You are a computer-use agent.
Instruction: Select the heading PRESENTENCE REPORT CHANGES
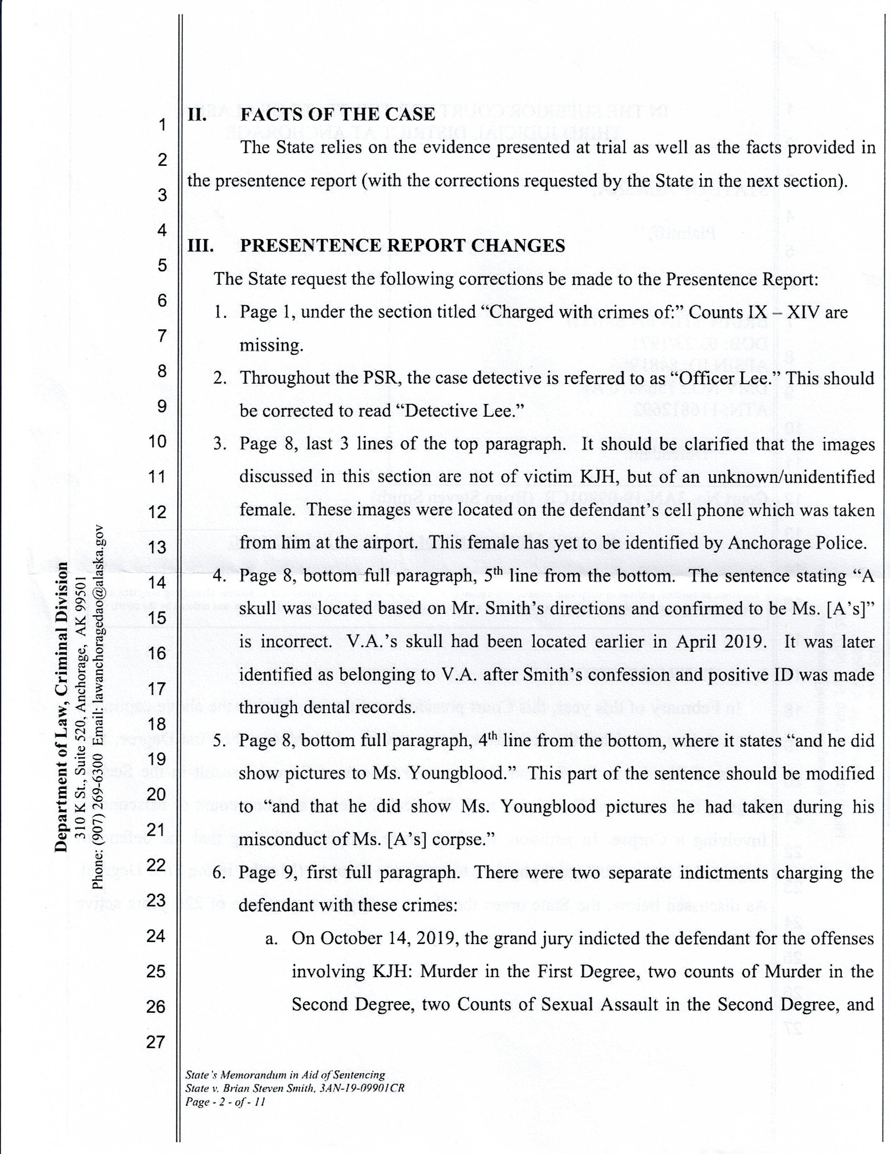(x=402, y=246)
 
